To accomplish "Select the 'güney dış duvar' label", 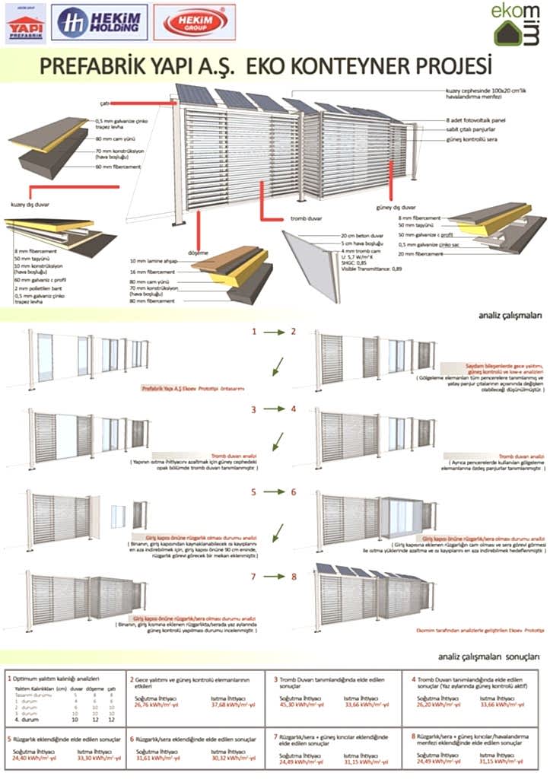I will (x=395, y=206).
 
